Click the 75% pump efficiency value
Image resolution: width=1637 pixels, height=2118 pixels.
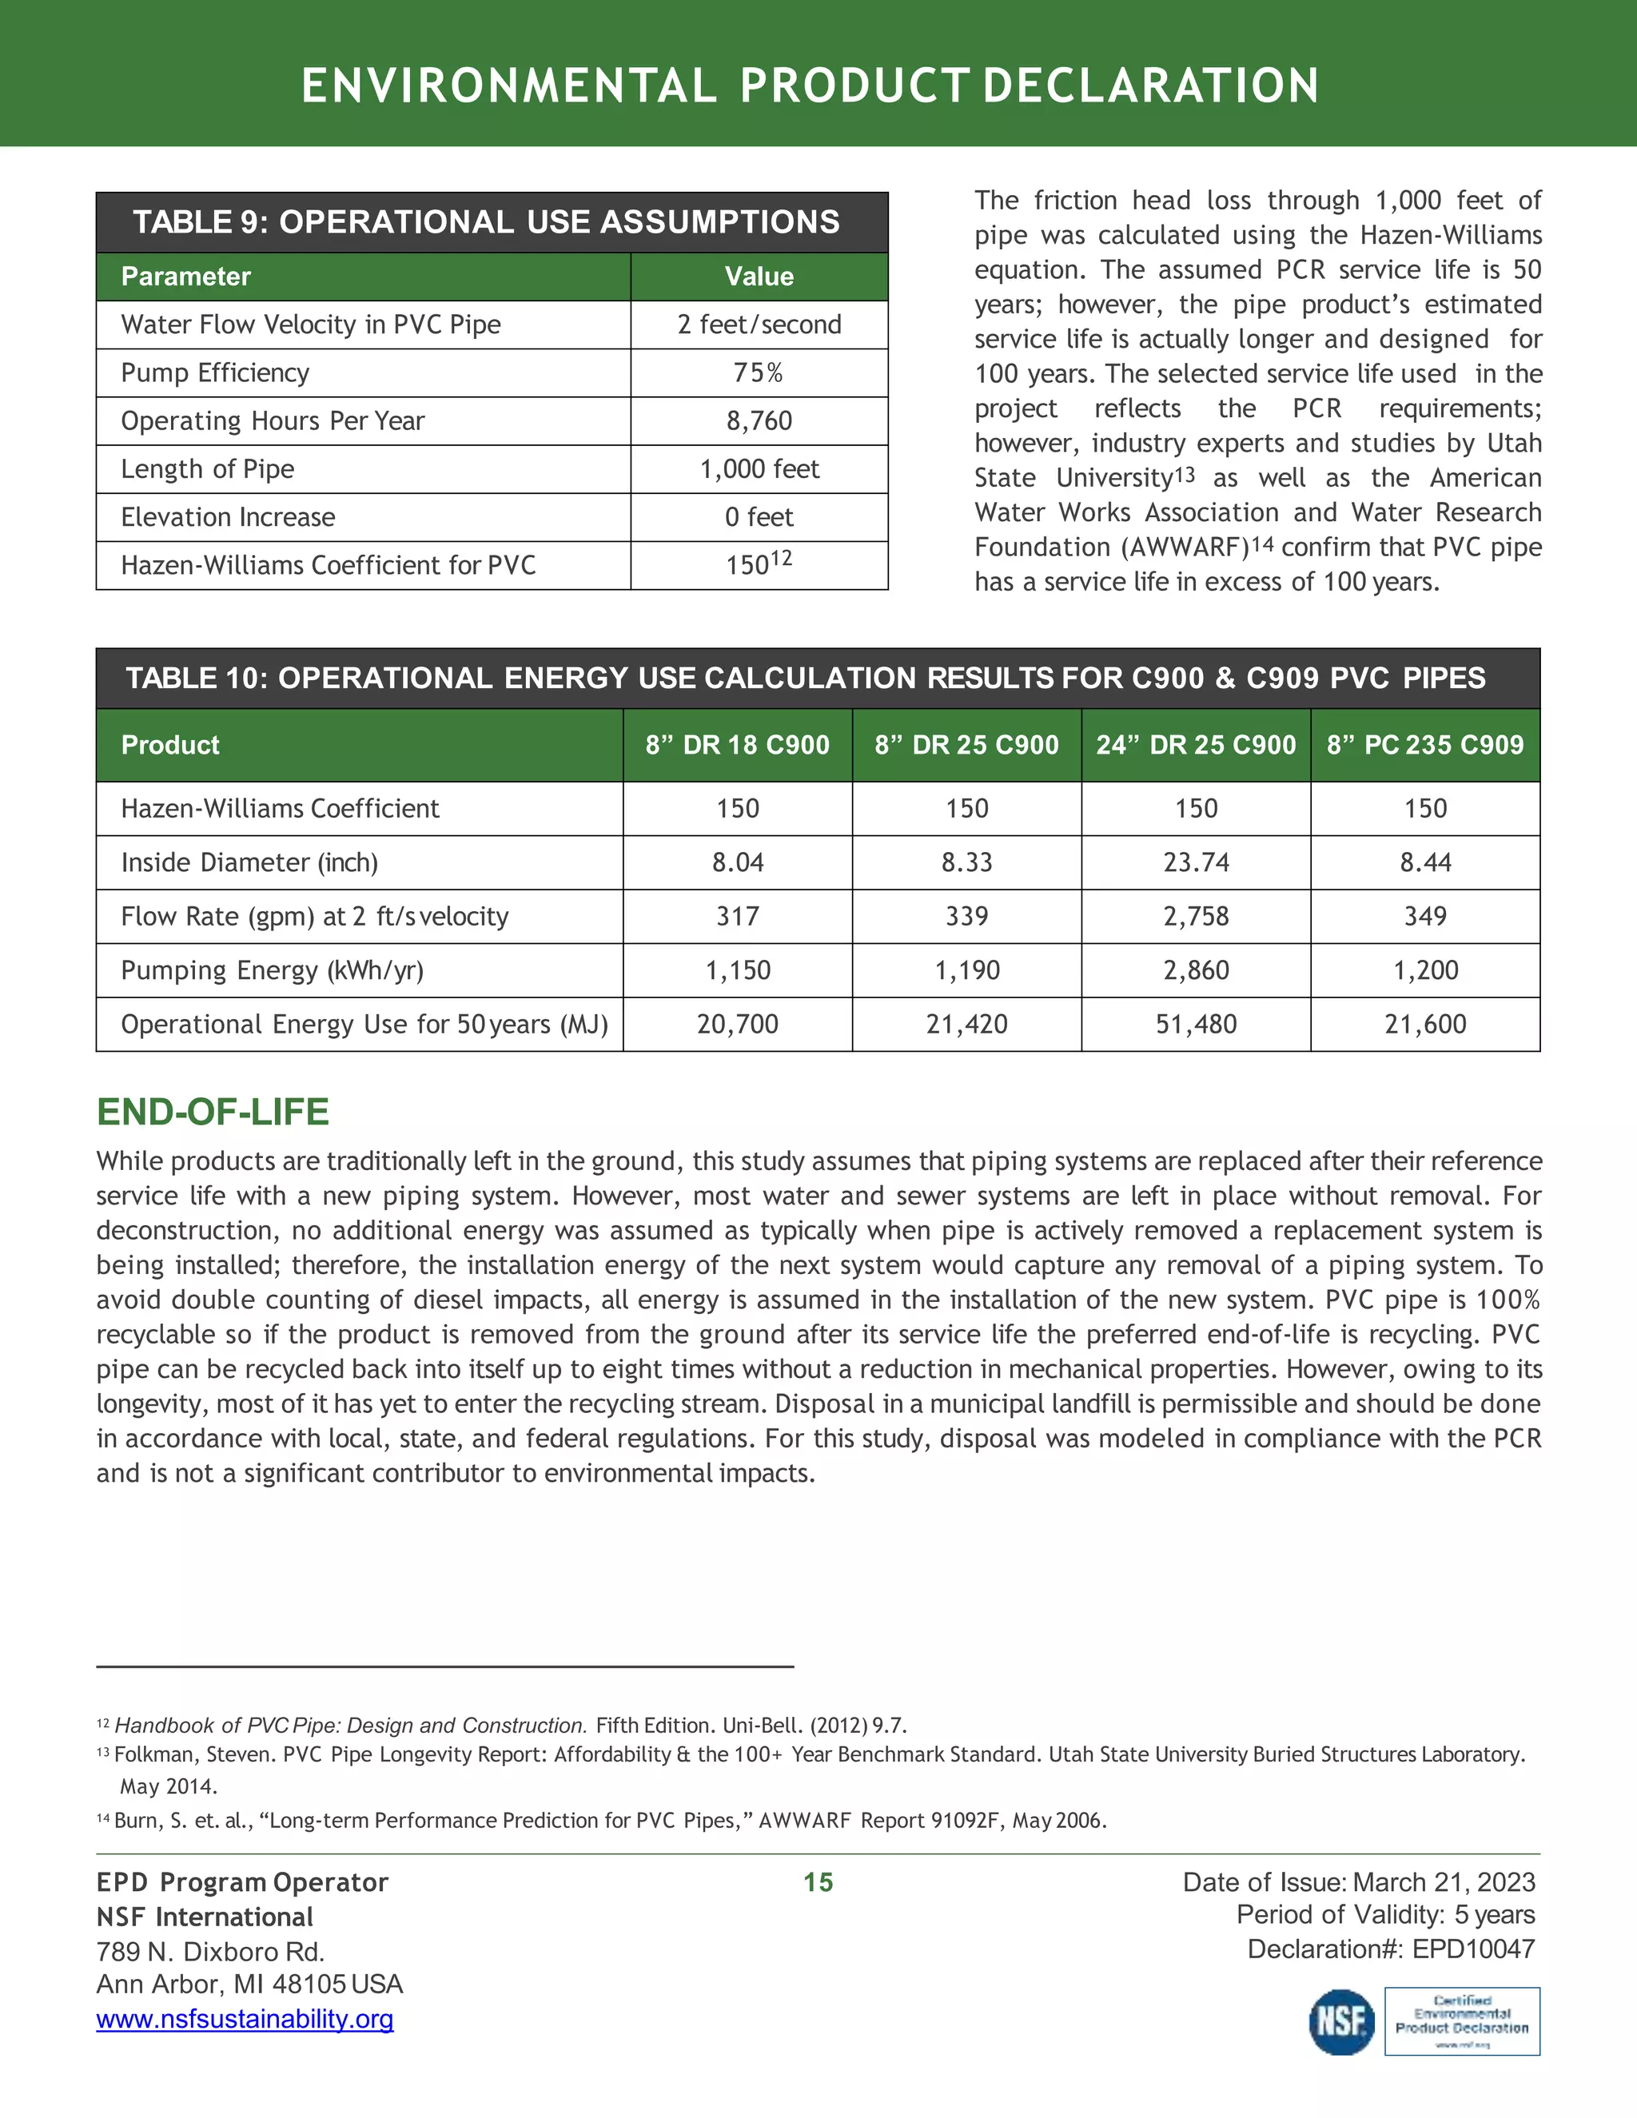tap(759, 373)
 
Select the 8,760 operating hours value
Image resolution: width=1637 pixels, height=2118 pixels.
tap(759, 421)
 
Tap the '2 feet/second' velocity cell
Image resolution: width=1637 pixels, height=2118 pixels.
tap(759, 324)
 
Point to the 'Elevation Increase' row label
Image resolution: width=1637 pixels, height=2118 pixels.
tap(228, 517)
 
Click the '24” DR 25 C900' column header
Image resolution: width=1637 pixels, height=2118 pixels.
tap(1196, 745)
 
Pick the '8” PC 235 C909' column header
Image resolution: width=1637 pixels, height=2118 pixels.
tap(1424, 745)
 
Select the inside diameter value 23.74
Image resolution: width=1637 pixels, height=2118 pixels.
tap(1196, 862)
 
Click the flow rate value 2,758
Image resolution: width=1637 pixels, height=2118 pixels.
tap(1196, 917)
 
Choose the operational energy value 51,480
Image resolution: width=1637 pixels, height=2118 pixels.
tap(1196, 1024)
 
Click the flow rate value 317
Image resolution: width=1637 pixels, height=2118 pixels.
tap(738, 917)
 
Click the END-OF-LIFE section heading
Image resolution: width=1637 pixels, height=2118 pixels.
tap(213, 1112)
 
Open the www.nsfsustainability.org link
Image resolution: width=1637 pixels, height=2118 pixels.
tap(245, 2019)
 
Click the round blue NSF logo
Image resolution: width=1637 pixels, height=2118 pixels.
tap(1342, 2022)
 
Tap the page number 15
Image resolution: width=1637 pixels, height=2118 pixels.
tap(818, 1882)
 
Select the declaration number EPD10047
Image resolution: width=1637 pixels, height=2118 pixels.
tap(1473, 1949)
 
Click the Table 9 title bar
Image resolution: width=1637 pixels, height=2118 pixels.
tap(492, 222)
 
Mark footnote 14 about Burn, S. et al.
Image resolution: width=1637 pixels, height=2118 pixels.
tap(601, 1820)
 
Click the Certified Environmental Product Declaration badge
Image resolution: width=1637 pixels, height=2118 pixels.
tap(1461, 2022)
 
